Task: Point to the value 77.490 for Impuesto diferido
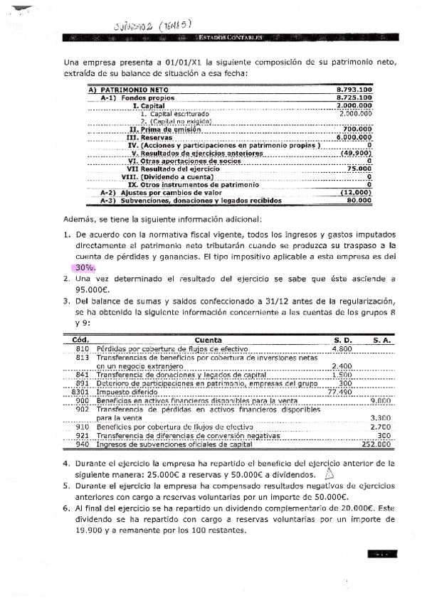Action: pyautogui.click(x=339, y=392)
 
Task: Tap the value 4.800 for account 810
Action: pyautogui.click(x=342, y=349)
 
